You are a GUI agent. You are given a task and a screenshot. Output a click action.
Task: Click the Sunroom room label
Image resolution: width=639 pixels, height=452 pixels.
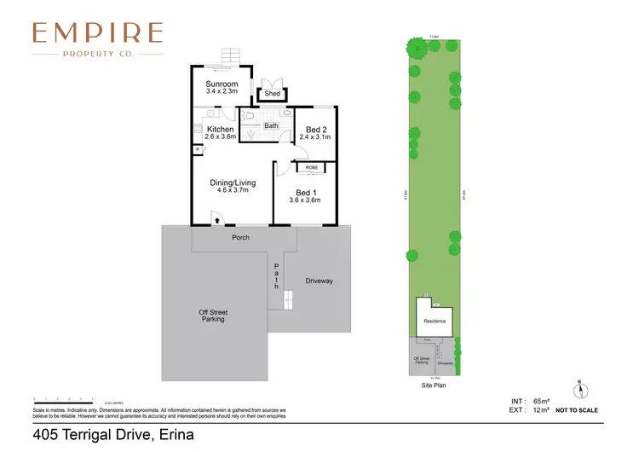point(221,84)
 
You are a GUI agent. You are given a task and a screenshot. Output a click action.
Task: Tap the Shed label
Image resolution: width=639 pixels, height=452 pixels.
point(272,94)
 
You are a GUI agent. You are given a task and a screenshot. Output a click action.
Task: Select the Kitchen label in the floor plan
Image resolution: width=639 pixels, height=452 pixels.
point(220,130)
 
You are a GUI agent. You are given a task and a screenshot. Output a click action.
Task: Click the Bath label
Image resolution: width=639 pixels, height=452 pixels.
point(271,126)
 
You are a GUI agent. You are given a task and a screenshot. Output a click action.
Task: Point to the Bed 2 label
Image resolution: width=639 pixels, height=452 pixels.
point(315,130)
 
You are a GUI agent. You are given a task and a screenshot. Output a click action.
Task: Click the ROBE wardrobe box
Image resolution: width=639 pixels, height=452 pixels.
point(313,168)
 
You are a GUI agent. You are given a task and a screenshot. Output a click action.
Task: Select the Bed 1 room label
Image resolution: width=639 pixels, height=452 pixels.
point(308,193)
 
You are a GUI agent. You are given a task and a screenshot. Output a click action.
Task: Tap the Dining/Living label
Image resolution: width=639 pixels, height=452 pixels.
point(233,183)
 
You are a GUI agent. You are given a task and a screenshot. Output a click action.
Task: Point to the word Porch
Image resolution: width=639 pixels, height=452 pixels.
point(241,237)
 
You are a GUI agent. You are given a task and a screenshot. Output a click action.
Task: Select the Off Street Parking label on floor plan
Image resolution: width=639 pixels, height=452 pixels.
point(213,316)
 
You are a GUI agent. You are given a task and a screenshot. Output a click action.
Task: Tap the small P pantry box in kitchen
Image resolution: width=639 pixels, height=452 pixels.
point(197,149)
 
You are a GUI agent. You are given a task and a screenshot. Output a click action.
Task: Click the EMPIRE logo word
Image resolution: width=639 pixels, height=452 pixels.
point(97,32)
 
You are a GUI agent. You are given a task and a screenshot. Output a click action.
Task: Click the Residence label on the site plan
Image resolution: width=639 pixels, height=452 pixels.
point(434,321)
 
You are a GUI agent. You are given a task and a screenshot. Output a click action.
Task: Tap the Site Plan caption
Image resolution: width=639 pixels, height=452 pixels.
point(434,385)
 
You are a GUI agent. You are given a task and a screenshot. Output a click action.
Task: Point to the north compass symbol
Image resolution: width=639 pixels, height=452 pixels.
point(582,389)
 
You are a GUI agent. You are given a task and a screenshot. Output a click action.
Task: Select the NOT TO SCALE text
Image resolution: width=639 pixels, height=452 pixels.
point(577,410)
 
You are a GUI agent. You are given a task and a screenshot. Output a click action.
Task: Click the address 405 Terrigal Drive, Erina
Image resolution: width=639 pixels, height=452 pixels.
point(113,435)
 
